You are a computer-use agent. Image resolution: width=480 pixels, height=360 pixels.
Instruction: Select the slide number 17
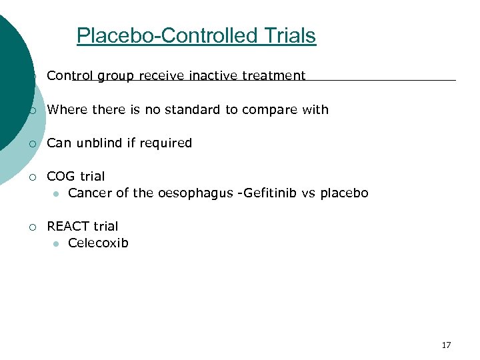(x=446, y=345)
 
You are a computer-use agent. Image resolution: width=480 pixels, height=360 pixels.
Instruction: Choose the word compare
(x=274, y=110)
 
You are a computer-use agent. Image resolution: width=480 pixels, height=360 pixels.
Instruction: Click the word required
(x=167, y=143)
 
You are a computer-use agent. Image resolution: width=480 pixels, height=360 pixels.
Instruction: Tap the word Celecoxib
(x=98, y=243)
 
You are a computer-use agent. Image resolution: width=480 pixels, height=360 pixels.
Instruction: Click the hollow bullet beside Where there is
(x=32, y=110)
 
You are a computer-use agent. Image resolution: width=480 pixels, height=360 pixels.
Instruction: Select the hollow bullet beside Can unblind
(x=32, y=143)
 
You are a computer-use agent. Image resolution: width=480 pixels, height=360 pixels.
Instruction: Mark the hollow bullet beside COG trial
(x=32, y=177)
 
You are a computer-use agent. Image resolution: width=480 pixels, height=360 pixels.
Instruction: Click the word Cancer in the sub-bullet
(x=89, y=193)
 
